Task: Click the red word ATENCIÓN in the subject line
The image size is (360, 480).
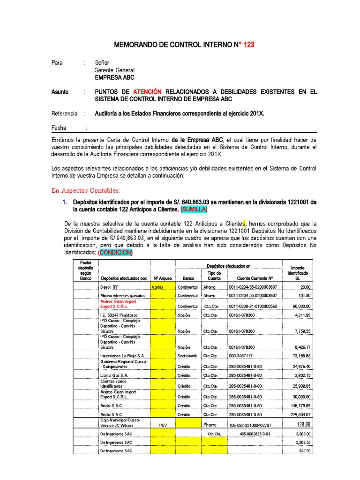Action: [x=147, y=92]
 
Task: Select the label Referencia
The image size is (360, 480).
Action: [x=64, y=113]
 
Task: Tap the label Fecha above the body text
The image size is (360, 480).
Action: [x=59, y=128]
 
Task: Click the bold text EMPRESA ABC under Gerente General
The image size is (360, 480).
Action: [x=114, y=78]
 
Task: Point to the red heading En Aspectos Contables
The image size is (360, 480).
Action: [x=86, y=190]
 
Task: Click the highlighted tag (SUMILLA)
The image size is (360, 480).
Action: [x=189, y=209]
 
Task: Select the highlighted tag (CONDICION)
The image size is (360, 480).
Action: [x=115, y=253]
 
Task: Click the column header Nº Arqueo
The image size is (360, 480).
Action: [x=162, y=277]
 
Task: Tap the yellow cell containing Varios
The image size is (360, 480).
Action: [x=157, y=287]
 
